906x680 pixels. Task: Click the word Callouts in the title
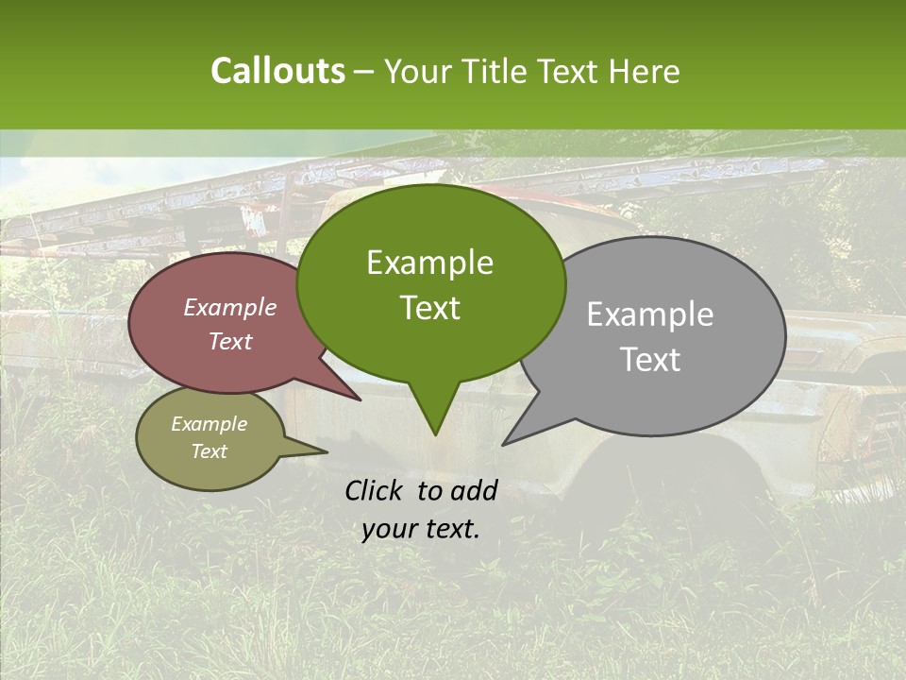point(277,71)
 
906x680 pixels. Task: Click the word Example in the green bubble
point(429,263)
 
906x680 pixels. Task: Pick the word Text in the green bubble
point(429,308)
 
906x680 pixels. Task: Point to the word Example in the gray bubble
point(649,314)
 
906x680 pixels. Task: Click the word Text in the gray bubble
point(651,360)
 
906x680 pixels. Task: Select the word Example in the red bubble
point(229,307)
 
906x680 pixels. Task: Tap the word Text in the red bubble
point(229,341)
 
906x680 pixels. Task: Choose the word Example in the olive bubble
point(209,424)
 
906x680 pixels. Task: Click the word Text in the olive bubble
point(209,451)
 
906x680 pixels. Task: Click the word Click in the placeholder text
point(377,490)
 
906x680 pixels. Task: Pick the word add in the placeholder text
point(475,490)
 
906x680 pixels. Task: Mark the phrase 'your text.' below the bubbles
point(420,529)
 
